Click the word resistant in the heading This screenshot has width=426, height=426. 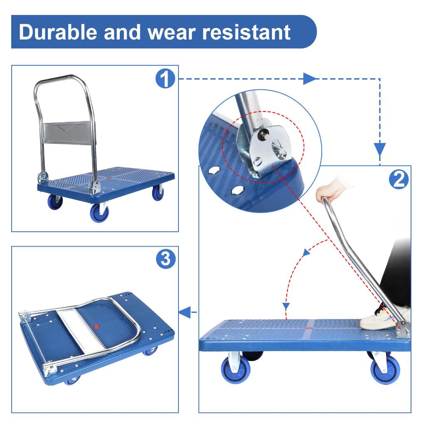[248, 32]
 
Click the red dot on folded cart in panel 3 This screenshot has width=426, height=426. [97, 327]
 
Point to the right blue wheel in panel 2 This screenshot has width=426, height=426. [385, 369]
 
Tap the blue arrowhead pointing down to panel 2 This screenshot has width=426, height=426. [379, 148]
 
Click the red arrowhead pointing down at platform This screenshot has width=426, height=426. [286, 307]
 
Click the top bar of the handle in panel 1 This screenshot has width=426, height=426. [60, 78]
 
